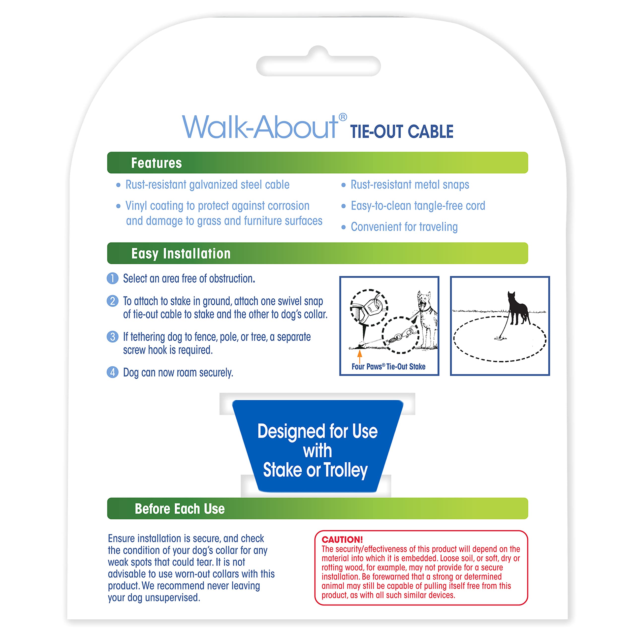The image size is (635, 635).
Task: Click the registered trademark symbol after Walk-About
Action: (343, 117)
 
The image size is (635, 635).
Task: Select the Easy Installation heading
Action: (181, 254)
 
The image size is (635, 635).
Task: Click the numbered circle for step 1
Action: (112, 278)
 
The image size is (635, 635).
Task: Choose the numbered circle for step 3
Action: (112, 337)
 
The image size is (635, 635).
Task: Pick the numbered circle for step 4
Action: (112, 372)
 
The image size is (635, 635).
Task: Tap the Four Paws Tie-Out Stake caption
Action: (388, 366)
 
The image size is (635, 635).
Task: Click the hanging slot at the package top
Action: (318, 66)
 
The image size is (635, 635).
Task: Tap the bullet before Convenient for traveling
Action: (344, 227)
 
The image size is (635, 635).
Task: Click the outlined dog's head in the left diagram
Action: (424, 299)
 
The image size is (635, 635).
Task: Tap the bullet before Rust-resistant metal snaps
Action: (344, 185)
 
